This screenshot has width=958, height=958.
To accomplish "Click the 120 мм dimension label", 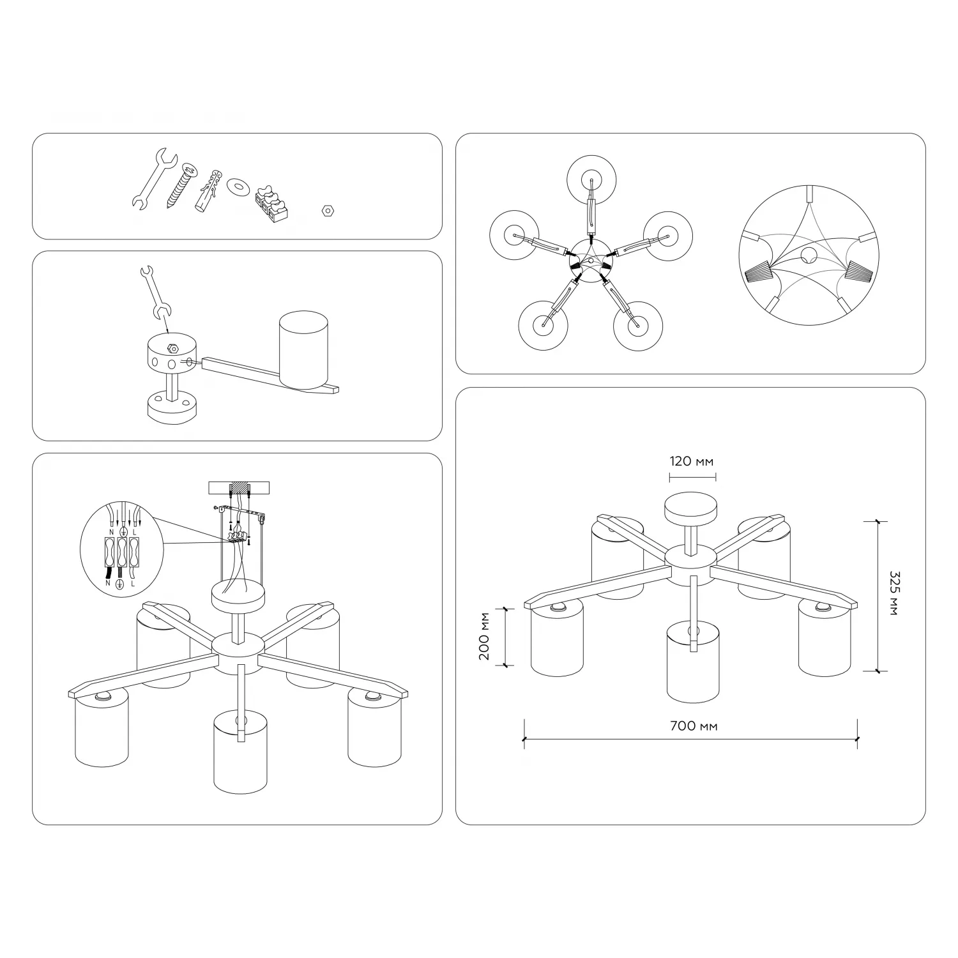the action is [692, 461].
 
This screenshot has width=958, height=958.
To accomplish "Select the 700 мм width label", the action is [694, 726].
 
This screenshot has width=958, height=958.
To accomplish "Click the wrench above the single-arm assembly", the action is [154, 292].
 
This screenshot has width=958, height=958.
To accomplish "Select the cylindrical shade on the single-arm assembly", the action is [303, 350].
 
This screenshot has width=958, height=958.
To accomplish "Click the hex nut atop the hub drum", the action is [172, 349].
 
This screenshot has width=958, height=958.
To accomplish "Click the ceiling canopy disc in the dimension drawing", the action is [690, 508].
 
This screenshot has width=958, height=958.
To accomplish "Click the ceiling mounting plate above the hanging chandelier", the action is [240, 487].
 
